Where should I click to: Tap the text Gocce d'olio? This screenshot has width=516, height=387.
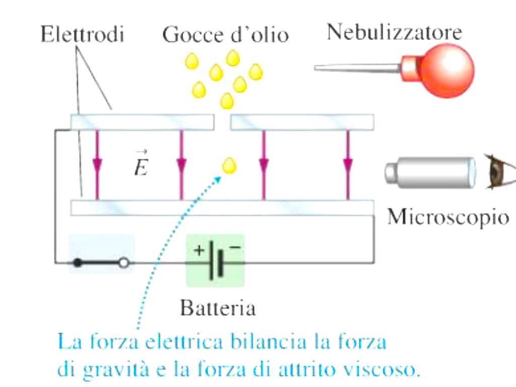(x=225, y=35)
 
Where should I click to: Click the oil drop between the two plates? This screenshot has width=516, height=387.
(x=229, y=165)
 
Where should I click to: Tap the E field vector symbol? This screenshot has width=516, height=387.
(x=141, y=164)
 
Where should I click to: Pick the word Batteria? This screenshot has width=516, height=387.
(x=218, y=308)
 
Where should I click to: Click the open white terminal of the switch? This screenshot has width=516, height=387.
(x=124, y=263)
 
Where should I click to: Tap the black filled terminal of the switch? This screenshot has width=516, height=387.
(x=77, y=263)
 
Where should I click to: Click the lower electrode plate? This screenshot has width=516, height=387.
(x=222, y=208)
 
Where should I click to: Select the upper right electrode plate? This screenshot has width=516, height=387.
(x=302, y=122)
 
